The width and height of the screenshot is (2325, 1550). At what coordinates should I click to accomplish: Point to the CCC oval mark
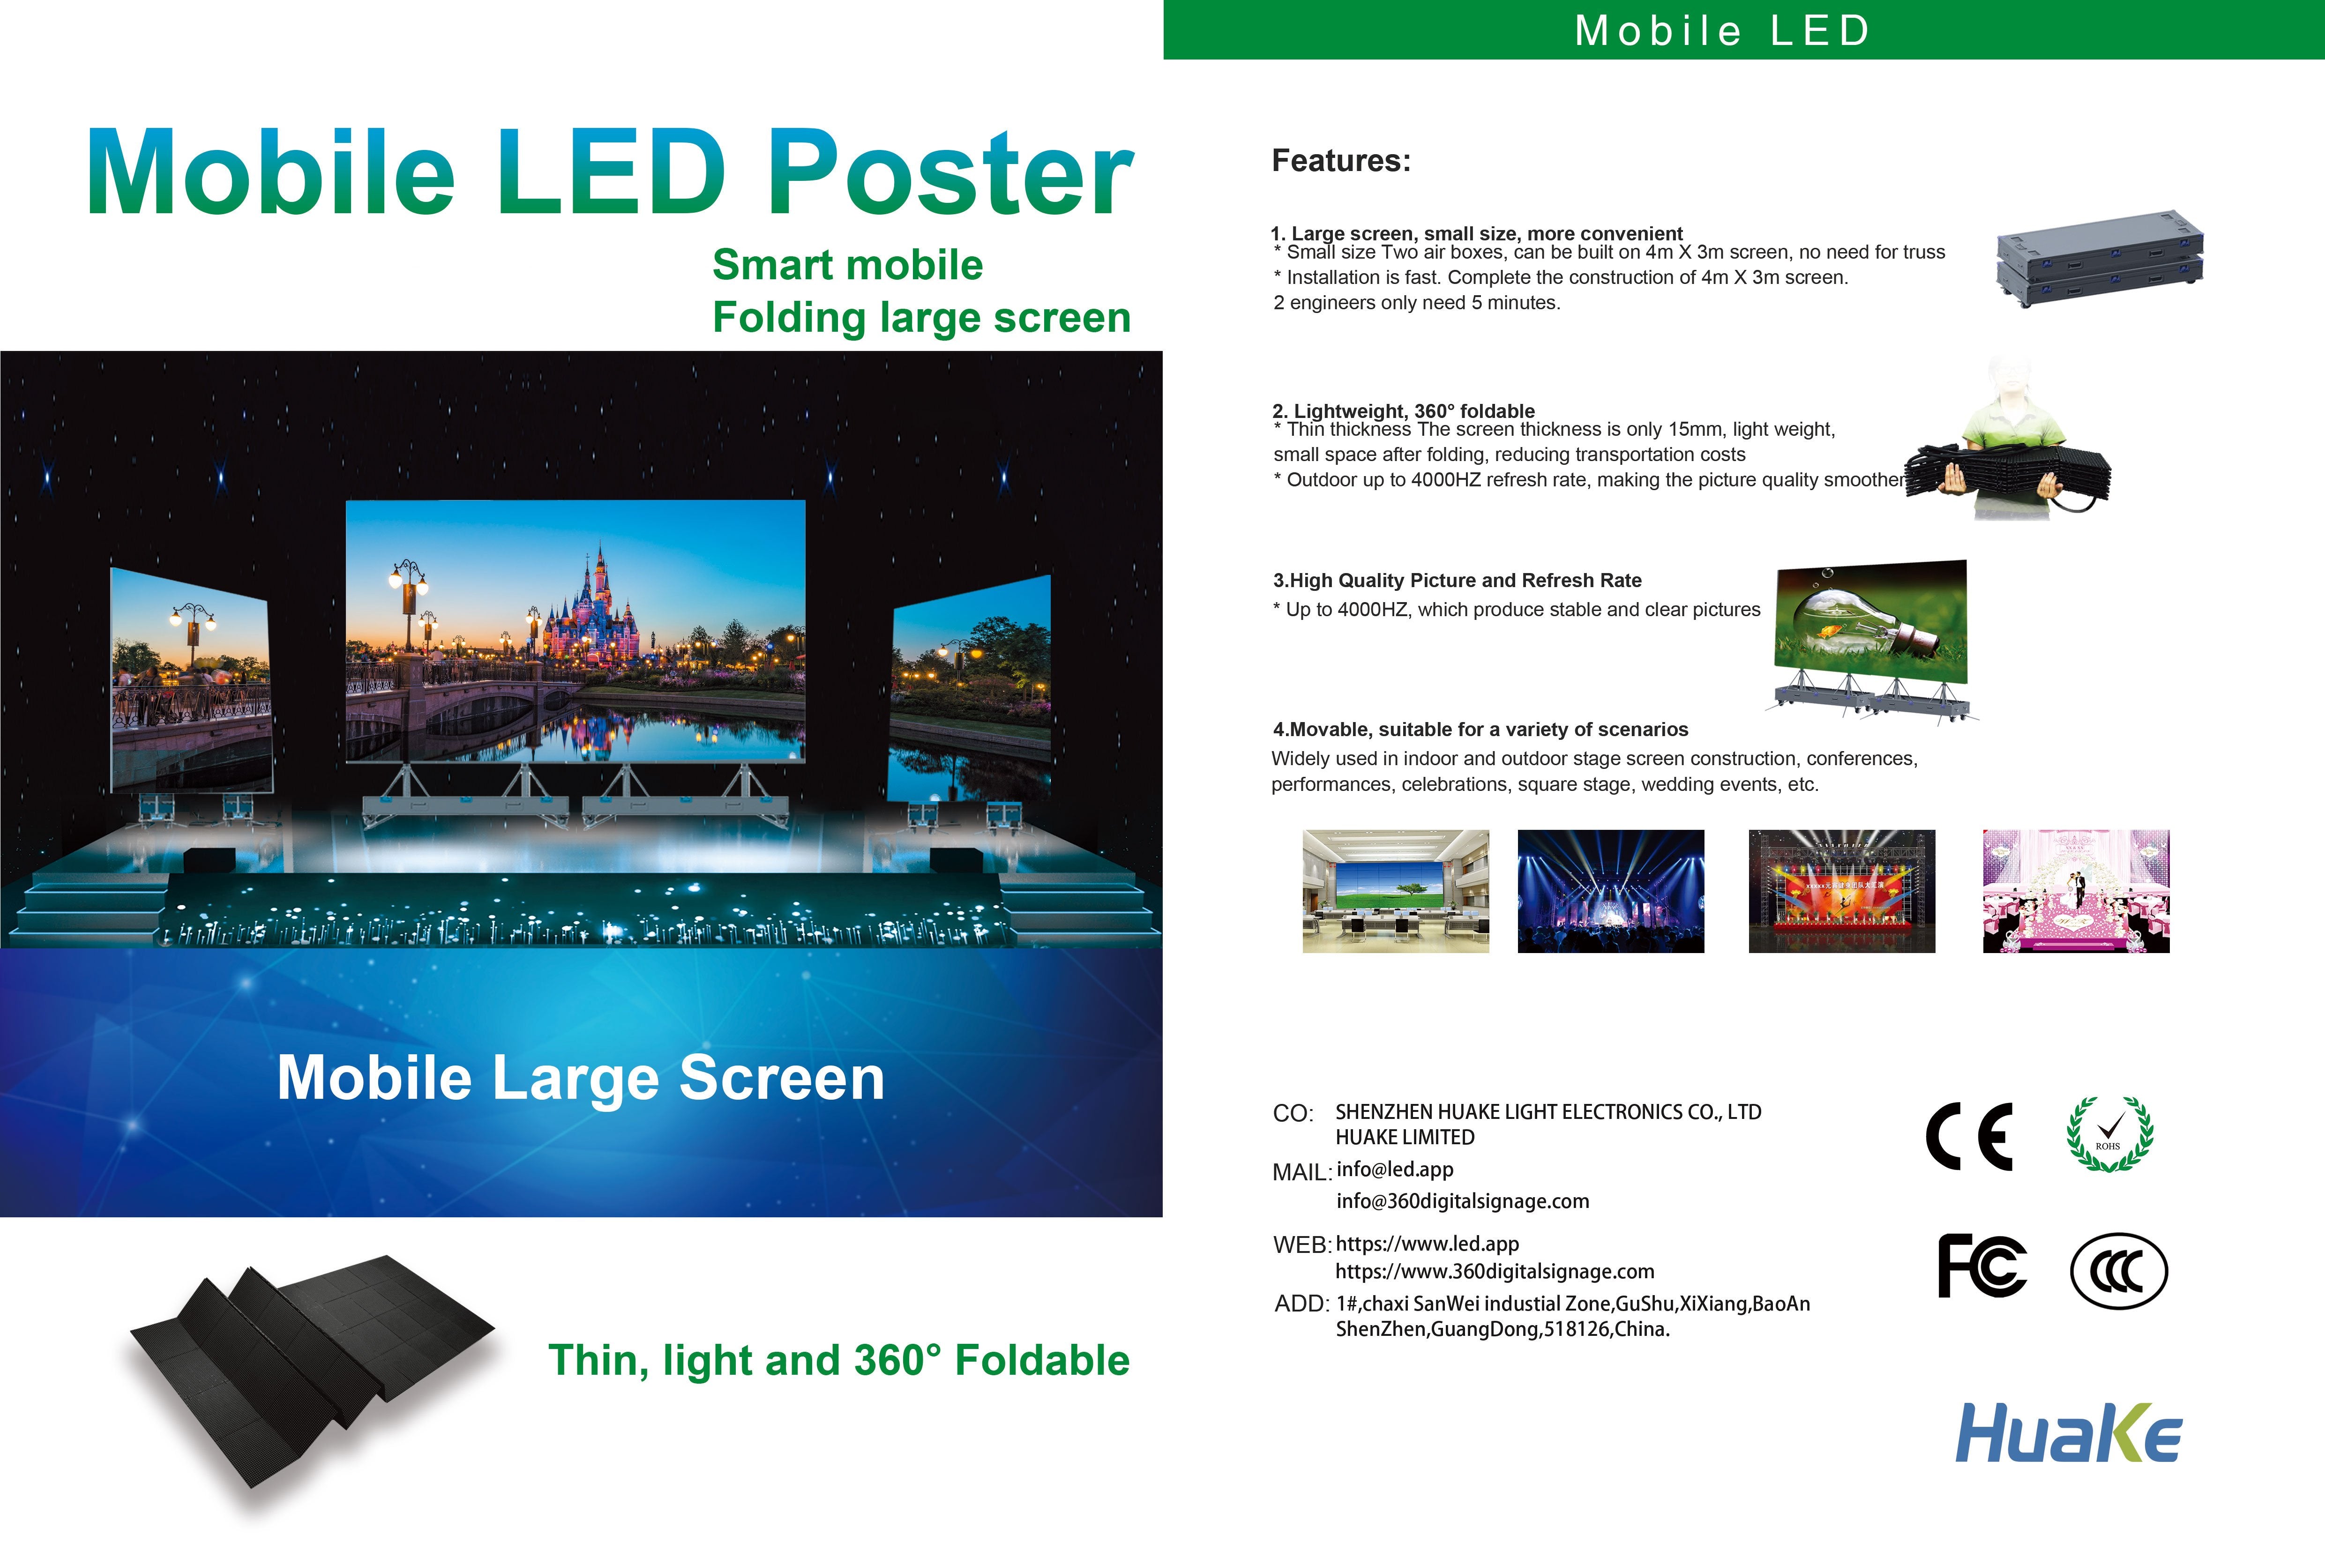point(2118,1270)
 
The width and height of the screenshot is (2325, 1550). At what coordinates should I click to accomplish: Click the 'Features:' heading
point(1340,160)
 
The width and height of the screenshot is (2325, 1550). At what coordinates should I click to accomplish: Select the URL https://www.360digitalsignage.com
point(1495,1271)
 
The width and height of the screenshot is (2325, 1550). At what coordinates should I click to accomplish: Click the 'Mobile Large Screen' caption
point(580,1078)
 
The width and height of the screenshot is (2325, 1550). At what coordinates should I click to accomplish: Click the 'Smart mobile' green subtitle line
point(847,265)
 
